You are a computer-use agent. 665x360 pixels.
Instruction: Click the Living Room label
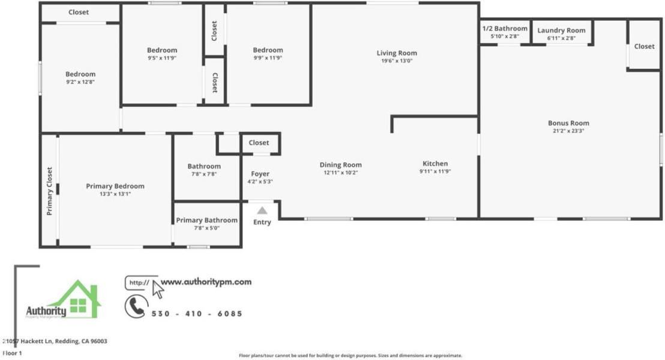coord(396,53)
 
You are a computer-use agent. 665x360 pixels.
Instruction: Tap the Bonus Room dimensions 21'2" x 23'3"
coord(568,131)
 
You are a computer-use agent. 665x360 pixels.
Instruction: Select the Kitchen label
coord(435,164)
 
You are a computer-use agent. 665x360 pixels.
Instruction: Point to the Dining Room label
coord(340,165)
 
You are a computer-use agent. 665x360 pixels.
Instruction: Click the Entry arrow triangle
coord(262,211)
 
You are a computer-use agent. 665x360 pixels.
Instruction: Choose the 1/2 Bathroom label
coord(505,28)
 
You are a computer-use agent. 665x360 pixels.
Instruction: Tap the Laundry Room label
coord(561,31)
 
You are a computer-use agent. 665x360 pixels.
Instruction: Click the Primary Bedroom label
coord(115,186)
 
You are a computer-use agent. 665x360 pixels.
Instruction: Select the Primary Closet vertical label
coord(50,191)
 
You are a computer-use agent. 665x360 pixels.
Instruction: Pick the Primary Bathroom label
coord(206,220)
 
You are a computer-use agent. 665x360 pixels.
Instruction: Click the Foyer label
coord(260,174)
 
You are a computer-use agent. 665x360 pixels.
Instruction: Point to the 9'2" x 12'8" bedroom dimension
coord(80,82)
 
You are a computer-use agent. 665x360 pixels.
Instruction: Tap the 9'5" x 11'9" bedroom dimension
coord(162,58)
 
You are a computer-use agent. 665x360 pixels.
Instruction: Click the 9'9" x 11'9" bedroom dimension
coord(268,58)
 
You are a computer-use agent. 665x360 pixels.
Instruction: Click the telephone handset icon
coord(136,307)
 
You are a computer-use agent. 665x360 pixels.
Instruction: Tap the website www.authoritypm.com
coord(206,281)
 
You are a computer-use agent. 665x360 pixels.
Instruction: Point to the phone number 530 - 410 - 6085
coord(197,314)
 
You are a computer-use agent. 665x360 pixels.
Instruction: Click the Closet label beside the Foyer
coord(259,143)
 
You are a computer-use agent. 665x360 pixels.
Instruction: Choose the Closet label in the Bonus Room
coord(644,46)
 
